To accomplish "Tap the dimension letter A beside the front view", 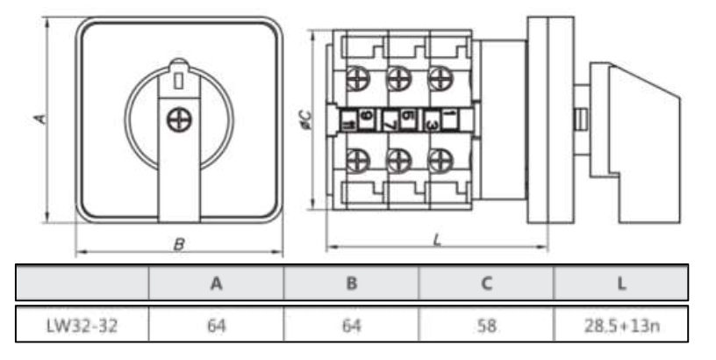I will [x=38, y=117].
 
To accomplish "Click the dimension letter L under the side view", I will [x=436, y=239].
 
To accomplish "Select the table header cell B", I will [x=351, y=284].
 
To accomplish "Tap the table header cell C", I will [x=486, y=284].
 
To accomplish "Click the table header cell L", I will [x=621, y=284].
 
